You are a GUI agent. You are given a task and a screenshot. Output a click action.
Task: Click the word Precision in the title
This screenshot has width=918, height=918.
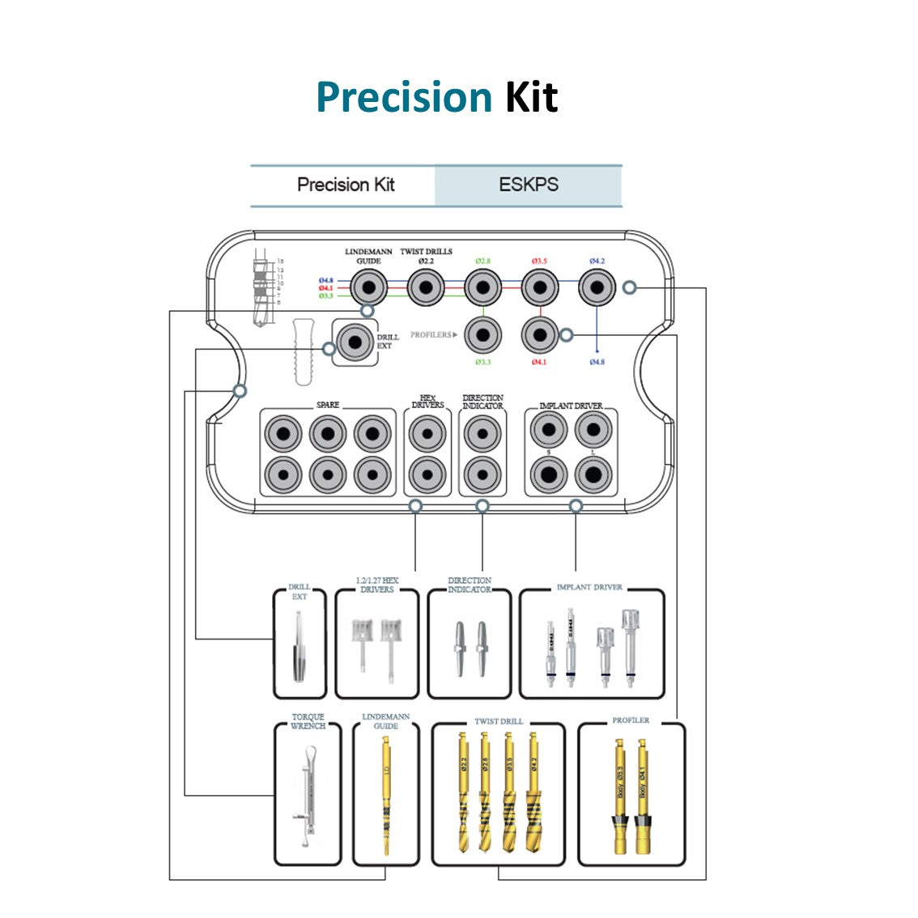point(403,97)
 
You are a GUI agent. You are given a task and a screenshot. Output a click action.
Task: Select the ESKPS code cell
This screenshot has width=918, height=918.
point(528,185)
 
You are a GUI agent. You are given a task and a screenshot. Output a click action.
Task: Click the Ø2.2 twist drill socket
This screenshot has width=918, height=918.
point(426,287)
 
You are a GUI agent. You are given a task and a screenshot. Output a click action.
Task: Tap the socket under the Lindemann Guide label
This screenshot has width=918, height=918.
point(368,287)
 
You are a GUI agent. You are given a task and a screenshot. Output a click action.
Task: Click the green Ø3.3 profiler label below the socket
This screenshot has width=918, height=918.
point(482,362)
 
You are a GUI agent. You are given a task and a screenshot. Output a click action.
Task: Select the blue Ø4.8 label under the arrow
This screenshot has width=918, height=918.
point(597,362)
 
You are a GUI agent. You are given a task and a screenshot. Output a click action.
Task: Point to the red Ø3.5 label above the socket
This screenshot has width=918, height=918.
point(539,261)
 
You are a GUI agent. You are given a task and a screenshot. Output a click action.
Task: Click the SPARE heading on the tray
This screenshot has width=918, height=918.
point(328,405)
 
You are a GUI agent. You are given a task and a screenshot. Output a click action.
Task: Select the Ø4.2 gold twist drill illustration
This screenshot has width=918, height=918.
point(533,793)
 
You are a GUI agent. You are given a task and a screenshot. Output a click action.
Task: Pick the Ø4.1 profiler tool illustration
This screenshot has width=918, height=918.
point(643,797)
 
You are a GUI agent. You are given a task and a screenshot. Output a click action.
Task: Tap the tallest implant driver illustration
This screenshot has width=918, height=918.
point(630,648)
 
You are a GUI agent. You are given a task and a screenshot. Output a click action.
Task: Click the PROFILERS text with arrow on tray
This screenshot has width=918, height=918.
point(433,334)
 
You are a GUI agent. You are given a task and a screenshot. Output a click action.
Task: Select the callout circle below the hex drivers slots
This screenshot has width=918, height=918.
point(415,507)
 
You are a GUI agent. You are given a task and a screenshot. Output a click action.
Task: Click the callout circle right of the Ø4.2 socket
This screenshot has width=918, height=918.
point(629,287)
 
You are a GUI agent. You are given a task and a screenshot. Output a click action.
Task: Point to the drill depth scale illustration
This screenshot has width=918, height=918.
point(261,287)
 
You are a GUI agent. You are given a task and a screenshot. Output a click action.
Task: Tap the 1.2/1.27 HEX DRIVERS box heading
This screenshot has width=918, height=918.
point(377,584)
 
